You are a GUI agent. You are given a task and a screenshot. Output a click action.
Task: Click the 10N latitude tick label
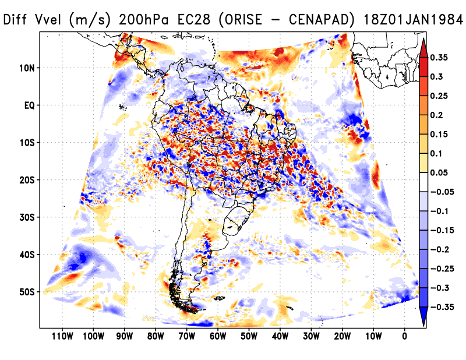pos(27,68)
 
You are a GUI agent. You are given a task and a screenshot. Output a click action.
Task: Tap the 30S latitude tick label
pos(27,217)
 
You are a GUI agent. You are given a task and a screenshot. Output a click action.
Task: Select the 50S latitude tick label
pos(27,292)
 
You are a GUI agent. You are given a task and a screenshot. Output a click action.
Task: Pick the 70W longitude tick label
pos(186,336)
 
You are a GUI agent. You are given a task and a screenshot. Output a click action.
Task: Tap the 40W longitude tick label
pos(280,336)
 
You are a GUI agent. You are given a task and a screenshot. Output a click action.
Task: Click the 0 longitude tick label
pos(404,336)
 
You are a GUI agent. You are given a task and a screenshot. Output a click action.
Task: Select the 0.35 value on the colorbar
pos(440,58)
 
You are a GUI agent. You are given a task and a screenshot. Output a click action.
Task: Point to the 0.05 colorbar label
pos(440,173)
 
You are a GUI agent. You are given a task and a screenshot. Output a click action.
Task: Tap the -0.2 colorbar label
pos(442,249)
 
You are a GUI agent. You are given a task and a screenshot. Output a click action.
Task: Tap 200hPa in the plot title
pos(141,20)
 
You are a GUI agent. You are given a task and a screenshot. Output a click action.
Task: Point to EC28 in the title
pos(188,20)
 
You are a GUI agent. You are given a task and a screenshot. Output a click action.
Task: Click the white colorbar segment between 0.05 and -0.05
pos(423,182)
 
